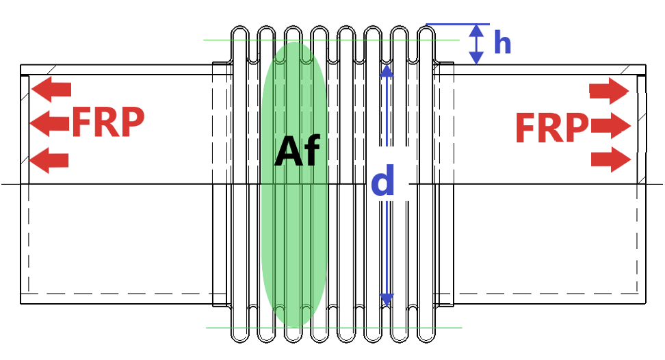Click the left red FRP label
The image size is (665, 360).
click(108, 122)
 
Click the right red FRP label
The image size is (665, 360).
click(551, 127)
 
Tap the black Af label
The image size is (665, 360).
click(297, 151)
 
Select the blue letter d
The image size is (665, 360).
click(383, 180)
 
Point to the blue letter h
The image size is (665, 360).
click(503, 43)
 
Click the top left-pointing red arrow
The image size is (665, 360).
click(51, 90)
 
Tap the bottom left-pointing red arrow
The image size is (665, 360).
click(49, 160)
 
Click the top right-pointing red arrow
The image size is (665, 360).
click(609, 91)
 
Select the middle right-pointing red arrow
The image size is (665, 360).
click(611, 126)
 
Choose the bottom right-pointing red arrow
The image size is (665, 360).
click(611, 159)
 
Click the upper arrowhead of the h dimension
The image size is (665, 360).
click(477, 30)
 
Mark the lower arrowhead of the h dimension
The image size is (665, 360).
click(477, 58)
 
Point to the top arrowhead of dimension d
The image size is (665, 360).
click(387, 70)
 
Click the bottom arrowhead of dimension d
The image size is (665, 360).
click(387, 300)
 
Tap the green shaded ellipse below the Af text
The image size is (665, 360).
click(294, 237)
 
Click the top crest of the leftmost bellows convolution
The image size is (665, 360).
click(239, 27)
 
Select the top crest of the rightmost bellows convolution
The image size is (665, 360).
click(426, 27)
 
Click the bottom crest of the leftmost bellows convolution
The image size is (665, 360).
click(239, 342)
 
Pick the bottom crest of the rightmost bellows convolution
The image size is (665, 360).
click(426, 342)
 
